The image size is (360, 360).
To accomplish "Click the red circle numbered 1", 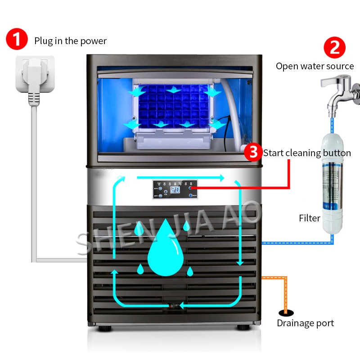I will pos(17,40).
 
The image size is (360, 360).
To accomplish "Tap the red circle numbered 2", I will pos(335,47).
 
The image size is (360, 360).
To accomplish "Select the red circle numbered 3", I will pos(253,153).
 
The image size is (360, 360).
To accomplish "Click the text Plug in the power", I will pos(71,41).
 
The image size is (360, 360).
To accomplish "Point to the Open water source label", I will pos(315,66).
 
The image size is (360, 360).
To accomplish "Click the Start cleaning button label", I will pos(307,153).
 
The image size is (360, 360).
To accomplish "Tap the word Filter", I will pos(310,218).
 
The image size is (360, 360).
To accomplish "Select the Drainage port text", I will pos(305,323).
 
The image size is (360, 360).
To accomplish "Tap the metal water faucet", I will pos(338,92).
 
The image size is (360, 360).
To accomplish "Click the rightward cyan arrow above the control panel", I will pos(180,178).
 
